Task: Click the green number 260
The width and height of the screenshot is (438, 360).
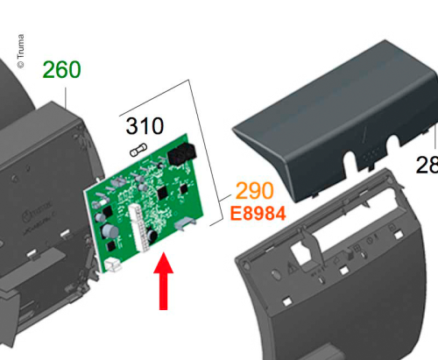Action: [61, 69]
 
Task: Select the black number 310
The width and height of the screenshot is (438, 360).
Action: [145, 127]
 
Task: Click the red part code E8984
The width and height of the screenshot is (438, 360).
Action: [258, 213]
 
